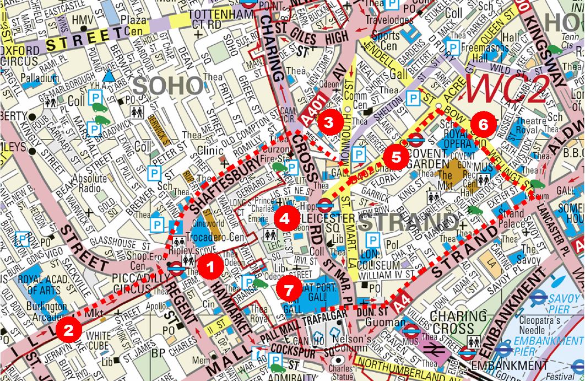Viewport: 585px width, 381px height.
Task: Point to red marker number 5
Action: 396,141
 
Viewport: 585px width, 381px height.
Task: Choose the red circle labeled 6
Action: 483,125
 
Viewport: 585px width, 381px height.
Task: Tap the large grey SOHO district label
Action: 167,85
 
